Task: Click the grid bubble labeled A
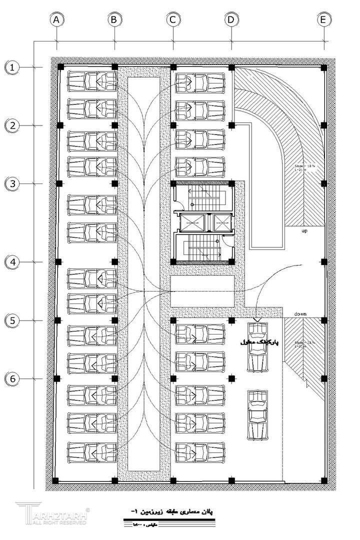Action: pyautogui.click(x=57, y=20)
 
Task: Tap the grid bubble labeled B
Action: pyautogui.click(x=114, y=20)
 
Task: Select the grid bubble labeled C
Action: pyautogui.click(x=173, y=20)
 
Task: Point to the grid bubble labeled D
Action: pyautogui.click(x=231, y=20)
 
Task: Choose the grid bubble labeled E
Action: pyautogui.click(x=324, y=20)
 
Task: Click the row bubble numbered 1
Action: pyautogui.click(x=13, y=67)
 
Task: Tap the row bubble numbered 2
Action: pyautogui.click(x=13, y=125)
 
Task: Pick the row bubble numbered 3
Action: pyautogui.click(x=13, y=183)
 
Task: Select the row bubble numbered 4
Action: pyautogui.click(x=13, y=261)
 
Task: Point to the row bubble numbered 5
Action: pyautogui.click(x=13, y=320)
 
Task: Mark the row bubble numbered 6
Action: pyautogui.click(x=13, y=378)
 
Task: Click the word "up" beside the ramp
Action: pyautogui.click(x=304, y=231)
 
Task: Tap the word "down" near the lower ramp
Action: pyautogui.click(x=300, y=314)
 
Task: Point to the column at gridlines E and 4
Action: pyautogui.click(x=324, y=261)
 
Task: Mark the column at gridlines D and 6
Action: pyautogui.click(x=231, y=378)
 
